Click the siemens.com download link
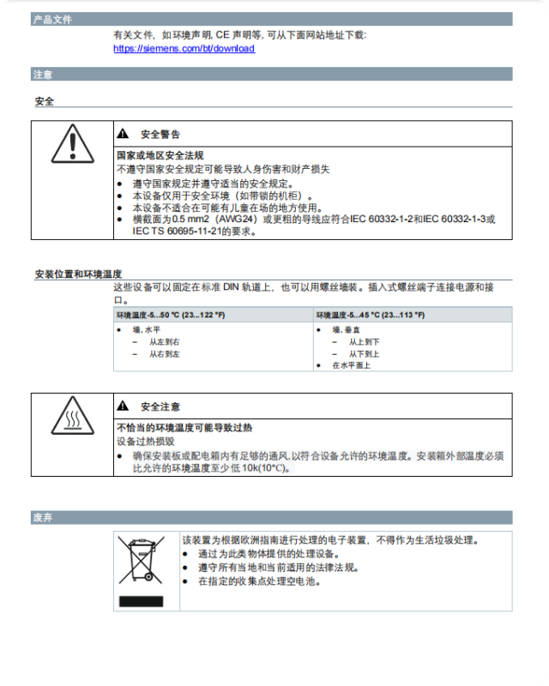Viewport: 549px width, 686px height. pyautogui.click(x=184, y=49)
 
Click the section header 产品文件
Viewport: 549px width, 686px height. pyautogui.click(x=52, y=19)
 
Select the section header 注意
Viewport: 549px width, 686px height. pyautogui.click(x=43, y=75)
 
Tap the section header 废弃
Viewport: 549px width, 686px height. pyautogui.click(x=43, y=518)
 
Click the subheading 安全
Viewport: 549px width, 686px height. pyautogui.click(x=45, y=101)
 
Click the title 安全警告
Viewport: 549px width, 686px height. pyautogui.click(x=160, y=134)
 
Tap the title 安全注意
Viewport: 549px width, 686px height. pyautogui.click(x=160, y=406)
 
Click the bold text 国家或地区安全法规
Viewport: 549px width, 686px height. pyautogui.click(x=160, y=155)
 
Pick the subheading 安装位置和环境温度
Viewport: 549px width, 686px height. pyautogui.click(x=78, y=274)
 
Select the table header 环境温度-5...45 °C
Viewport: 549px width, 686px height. pyautogui.click(x=370, y=316)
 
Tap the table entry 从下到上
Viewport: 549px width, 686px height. pyautogui.click(x=364, y=353)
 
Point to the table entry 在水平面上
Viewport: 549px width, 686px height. pyautogui.click(x=351, y=365)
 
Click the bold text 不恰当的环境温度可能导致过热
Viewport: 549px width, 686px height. pyautogui.click(x=184, y=427)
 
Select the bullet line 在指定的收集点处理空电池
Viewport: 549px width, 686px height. pyautogui.click(x=259, y=581)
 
